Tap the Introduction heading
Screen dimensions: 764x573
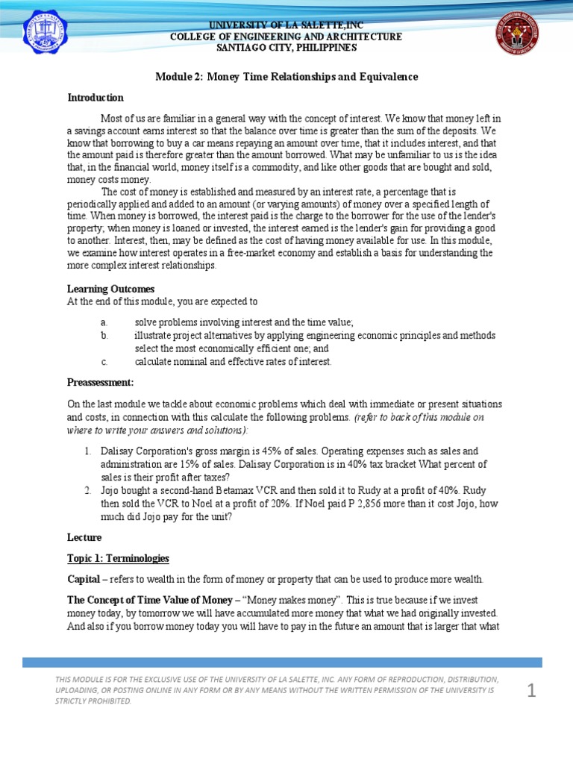95,98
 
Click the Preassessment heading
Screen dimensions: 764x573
101,382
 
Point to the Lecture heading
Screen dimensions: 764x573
84,537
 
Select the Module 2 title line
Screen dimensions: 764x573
286,77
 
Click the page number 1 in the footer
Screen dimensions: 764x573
531,692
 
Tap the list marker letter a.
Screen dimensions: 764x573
104,322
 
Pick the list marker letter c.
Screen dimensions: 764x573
104,362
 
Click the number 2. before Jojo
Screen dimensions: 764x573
87,490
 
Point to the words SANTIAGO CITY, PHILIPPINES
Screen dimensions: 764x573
286,48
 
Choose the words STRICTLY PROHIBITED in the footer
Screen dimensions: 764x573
93,701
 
